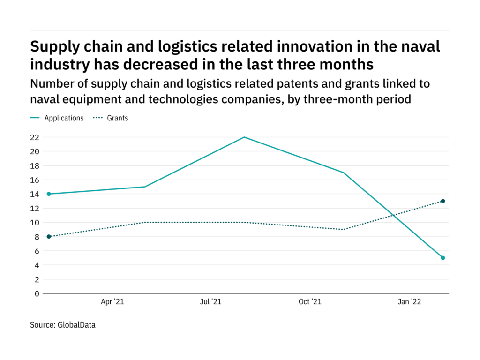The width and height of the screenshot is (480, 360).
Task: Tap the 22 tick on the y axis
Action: [x=35, y=137]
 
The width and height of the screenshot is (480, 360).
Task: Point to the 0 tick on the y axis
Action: [x=37, y=293]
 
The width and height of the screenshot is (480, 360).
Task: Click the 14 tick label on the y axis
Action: [x=35, y=194]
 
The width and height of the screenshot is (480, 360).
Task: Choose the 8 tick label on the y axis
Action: [x=37, y=237]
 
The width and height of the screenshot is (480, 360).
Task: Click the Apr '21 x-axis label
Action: [x=112, y=302]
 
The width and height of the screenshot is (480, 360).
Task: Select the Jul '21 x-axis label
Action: [x=210, y=302]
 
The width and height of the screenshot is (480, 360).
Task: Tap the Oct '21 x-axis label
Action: [x=310, y=302]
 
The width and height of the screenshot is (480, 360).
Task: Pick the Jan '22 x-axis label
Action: [x=409, y=302]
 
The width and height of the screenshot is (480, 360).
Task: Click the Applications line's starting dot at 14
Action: [x=49, y=194]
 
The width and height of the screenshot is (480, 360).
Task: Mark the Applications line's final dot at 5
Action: [x=442, y=258]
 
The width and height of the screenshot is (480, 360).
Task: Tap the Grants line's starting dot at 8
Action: [x=49, y=237]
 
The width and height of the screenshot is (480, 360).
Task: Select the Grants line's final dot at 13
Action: [x=442, y=201]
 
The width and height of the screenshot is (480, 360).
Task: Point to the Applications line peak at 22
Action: [x=244, y=137]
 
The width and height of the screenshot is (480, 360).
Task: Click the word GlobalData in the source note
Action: [x=76, y=324]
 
